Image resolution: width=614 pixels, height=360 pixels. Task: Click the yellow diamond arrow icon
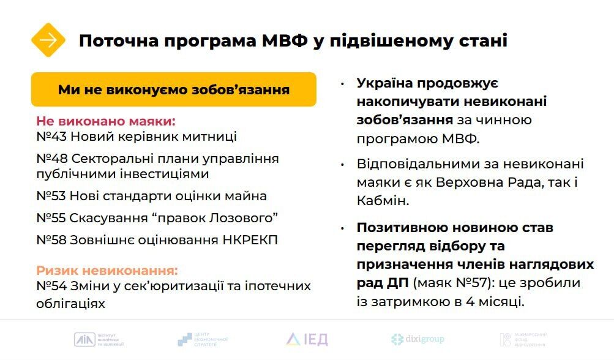(x=48, y=40)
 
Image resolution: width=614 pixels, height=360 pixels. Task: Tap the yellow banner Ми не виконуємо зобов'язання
(x=174, y=90)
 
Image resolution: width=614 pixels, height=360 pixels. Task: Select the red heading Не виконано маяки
(x=106, y=121)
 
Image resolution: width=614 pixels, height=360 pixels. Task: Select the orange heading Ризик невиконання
(x=107, y=270)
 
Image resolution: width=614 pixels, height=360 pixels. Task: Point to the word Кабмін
(x=382, y=200)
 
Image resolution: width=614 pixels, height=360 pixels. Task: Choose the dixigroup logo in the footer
(x=417, y=339)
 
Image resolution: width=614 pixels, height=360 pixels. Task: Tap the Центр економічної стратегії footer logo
(x=203, y=339)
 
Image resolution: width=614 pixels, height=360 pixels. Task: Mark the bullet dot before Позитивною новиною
(x=343, y=228)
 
